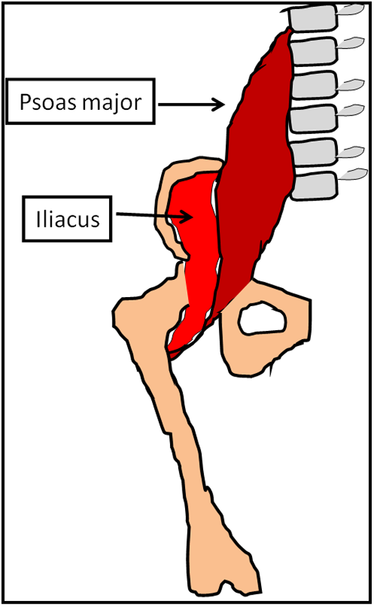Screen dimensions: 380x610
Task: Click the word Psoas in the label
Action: pos(48,102)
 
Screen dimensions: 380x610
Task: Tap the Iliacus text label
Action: pos(68,220)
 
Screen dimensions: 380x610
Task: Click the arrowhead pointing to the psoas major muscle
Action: pos(218,104)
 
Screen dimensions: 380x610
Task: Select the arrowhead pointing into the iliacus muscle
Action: pos(187,216)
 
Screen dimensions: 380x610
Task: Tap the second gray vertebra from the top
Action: pos(314,51)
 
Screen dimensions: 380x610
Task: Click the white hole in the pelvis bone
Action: pos(262,319)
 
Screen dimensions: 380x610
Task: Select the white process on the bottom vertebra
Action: pos(353,174)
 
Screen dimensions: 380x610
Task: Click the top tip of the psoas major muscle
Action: pos(289,28)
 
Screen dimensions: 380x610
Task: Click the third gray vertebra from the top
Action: pos(314,85)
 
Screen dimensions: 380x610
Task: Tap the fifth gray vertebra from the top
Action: pos(314,153)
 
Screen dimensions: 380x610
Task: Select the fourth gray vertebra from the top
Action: pos(314,118)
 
